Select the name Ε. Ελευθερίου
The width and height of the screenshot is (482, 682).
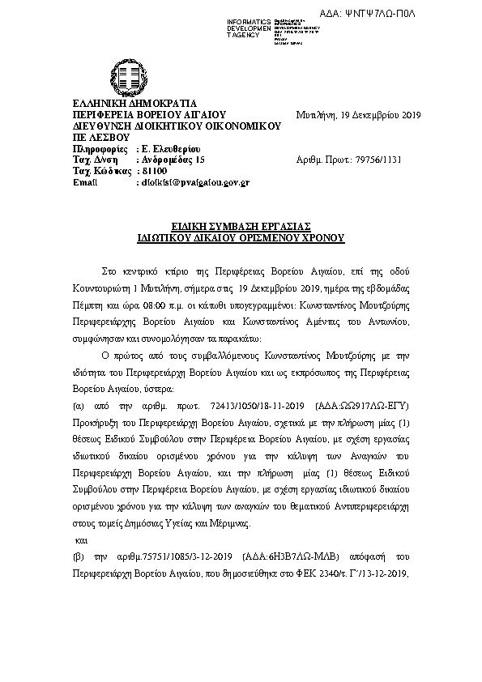[171, 149]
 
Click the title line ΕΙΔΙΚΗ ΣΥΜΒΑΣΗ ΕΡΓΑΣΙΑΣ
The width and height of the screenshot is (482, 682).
[241, 228]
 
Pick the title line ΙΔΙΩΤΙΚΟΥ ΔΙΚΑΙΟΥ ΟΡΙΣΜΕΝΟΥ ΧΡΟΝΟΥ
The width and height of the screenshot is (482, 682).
[241, 239]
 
